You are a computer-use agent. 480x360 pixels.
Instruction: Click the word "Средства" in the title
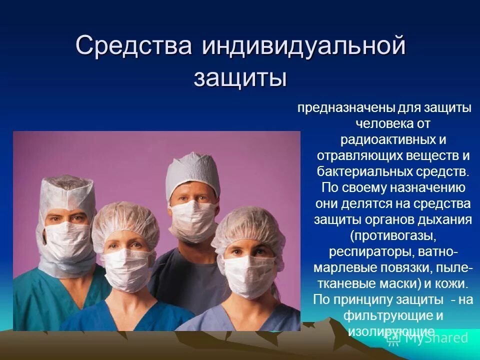pos(134,46)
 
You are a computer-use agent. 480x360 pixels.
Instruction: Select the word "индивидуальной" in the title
pos(304,46)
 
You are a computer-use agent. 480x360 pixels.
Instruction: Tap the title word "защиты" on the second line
pos(240,78)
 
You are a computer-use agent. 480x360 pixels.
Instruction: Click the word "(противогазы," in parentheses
pos(392,235)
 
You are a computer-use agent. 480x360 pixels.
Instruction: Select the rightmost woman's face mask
pos(248,270)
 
